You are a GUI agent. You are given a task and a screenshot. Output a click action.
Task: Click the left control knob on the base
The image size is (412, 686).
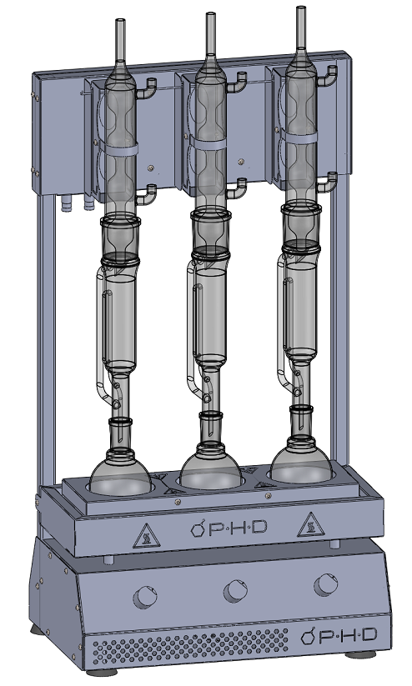[x=145, y=597]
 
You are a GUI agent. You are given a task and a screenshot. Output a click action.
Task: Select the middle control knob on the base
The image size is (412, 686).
[x=235, y=591]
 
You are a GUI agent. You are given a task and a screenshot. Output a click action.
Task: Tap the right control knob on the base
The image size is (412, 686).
[x=326, y=584]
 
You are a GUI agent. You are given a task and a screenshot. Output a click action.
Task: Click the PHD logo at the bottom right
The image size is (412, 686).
[x=339, y=635]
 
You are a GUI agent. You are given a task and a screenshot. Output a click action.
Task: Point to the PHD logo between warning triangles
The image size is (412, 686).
[x=229, y=528]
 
